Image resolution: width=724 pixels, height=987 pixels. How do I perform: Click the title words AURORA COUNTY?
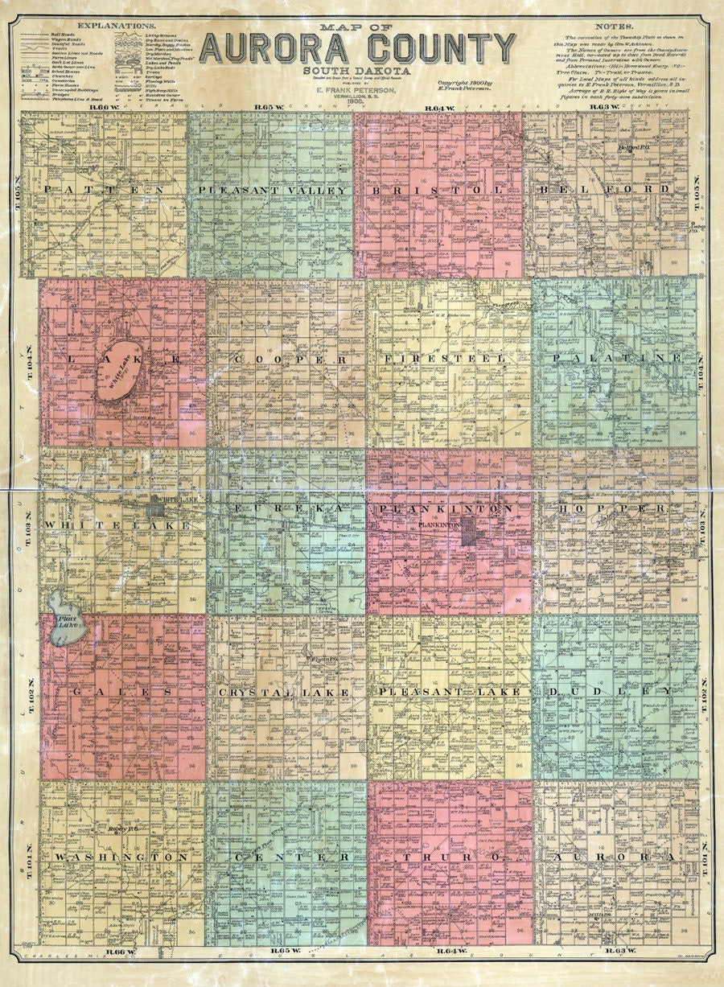357,48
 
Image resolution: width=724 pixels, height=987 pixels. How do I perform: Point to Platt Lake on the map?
64,624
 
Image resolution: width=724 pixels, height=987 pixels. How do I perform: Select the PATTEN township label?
105,190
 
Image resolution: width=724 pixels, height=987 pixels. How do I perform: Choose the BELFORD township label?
605,190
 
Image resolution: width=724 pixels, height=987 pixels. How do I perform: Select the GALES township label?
121,692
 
